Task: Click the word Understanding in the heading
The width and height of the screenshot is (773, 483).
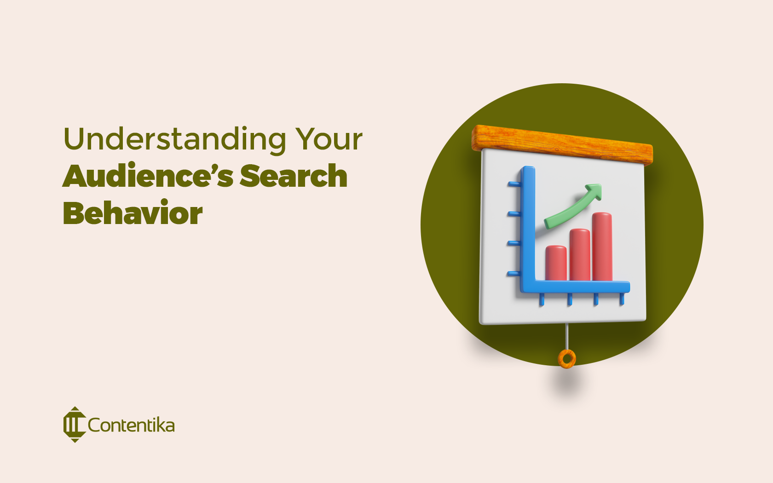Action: coord(175,139)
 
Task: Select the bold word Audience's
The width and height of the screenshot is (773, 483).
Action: coord(148,176)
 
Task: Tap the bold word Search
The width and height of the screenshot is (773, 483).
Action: coord(293,176)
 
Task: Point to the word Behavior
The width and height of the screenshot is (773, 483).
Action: coord(133,213)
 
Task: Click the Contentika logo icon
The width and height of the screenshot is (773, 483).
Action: coord(74,425)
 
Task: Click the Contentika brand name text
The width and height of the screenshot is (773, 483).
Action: coord(131,425)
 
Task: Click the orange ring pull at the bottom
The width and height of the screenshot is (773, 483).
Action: coord(567,358)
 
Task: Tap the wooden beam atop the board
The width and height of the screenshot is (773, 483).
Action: coord(562,144)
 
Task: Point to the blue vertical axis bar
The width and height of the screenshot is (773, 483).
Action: coord(528,225)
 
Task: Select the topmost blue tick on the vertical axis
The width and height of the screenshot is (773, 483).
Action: coord(514,184)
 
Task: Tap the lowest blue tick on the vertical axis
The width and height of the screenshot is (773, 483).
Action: coord(513,274)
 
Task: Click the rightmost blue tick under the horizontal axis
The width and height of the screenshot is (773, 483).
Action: coord(622,299)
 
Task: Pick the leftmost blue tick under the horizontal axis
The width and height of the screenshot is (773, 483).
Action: coord(542,299)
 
